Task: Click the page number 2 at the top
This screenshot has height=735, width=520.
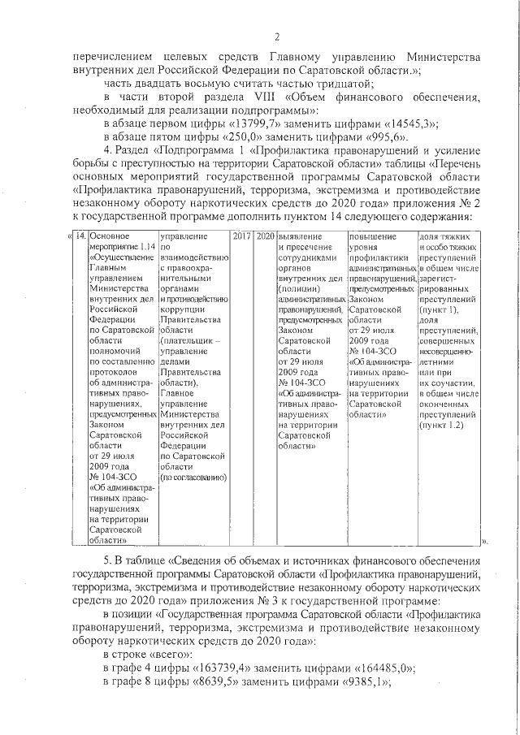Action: (x=276, y=37)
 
